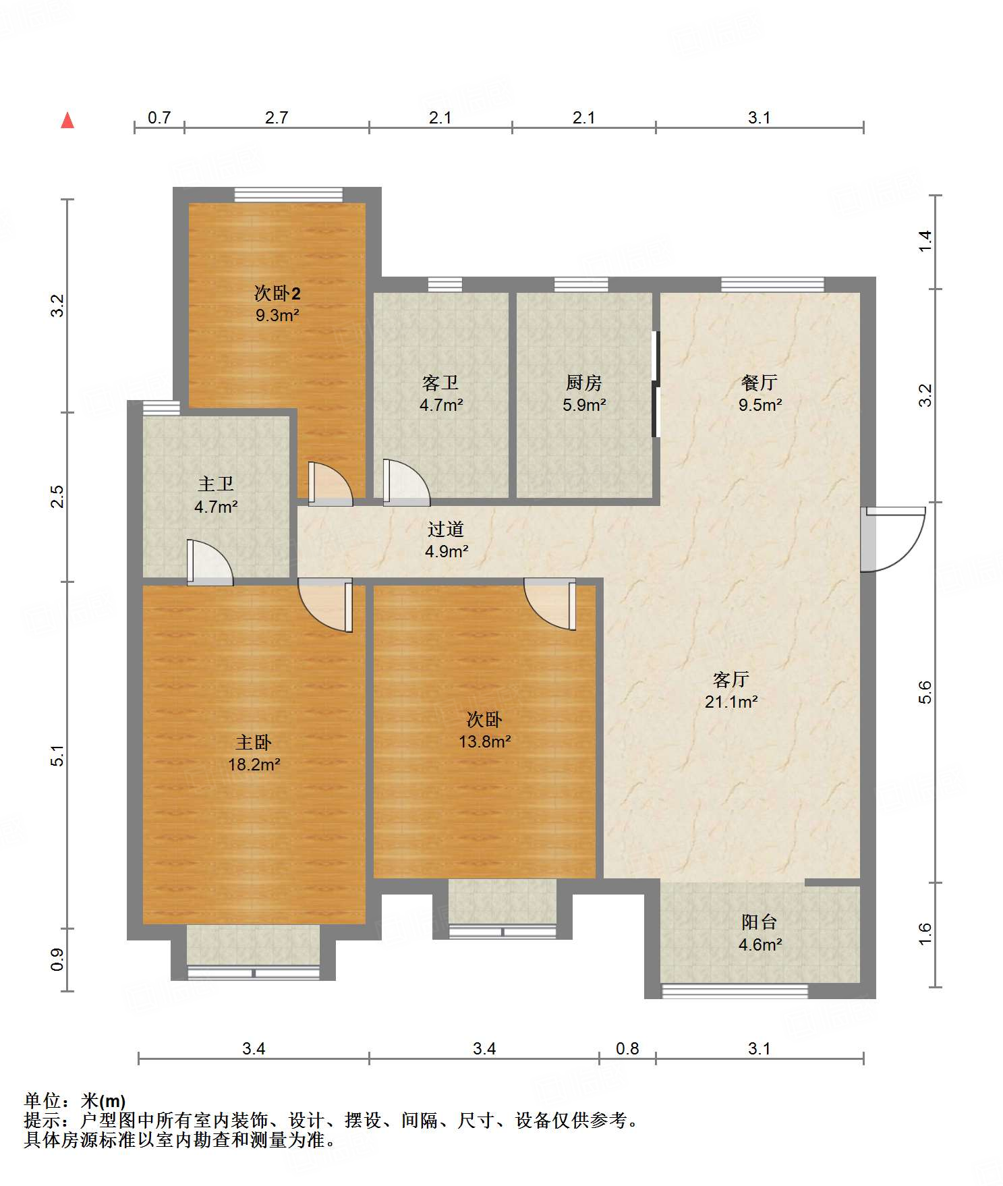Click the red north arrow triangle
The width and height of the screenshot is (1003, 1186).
[x=67, y=121]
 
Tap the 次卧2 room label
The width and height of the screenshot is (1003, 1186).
[x=277, y=293]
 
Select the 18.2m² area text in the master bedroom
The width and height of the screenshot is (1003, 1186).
[x=254, y=764]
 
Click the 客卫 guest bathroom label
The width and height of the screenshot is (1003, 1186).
[x=440, y=383]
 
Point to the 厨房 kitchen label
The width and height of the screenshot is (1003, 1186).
[x=584, y=383]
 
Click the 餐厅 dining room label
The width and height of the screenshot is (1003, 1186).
[x=760, y=383]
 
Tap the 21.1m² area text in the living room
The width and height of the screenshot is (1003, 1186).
[x=731, y=702]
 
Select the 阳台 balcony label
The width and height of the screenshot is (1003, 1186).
[x=760, y=922]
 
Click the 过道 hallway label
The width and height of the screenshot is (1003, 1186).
[x=446, y=530]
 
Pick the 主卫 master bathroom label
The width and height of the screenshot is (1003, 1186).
[x=216, y=484]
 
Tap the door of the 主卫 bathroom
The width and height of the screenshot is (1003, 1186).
[x=210, y=563]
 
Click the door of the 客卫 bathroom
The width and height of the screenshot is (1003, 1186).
[x=406, y=482]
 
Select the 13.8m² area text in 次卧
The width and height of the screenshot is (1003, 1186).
[x=484, y=742]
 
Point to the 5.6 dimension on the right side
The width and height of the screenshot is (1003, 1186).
[x=925, y=692]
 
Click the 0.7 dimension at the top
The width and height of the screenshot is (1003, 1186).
[x=159, y=118]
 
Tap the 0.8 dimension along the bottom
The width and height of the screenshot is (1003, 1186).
[x=627, y=1049]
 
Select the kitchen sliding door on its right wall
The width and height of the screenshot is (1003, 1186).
[x=655, y=384]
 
